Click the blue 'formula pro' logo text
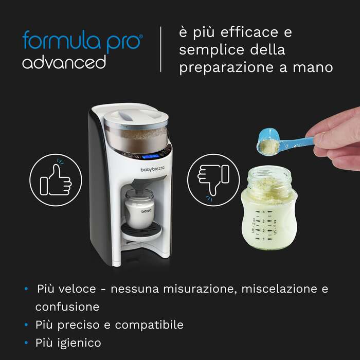point(82,40)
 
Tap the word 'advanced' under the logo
point(64,62)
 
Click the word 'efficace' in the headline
point(249,32)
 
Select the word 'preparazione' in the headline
point(226,68)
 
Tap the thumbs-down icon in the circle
point(213,180)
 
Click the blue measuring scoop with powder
point(285,143)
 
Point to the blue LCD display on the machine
point(150,156)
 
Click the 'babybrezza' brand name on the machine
point(152,169)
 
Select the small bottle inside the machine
point(139,208)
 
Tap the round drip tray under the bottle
point(141,231)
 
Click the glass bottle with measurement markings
point(269,208)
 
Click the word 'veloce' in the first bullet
point(77,289)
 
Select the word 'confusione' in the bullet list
point(67,307)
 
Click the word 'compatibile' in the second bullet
point(149,325)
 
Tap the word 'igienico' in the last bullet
point(79,343)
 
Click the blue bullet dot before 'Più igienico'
point(26,343)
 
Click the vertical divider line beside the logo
point(160,49)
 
